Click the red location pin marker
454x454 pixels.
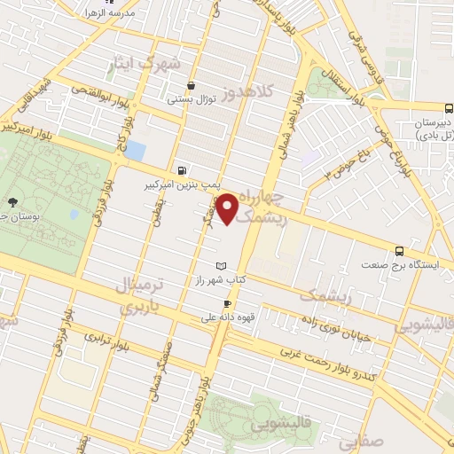click(229, 208)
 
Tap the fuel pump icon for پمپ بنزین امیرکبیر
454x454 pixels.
click(183, 170)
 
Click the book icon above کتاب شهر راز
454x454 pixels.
click(222, 266)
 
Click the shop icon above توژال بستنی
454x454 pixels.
click(191, 85)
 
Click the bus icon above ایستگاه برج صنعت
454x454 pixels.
click(399, 250)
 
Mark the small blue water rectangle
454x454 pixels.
click(135, 150)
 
